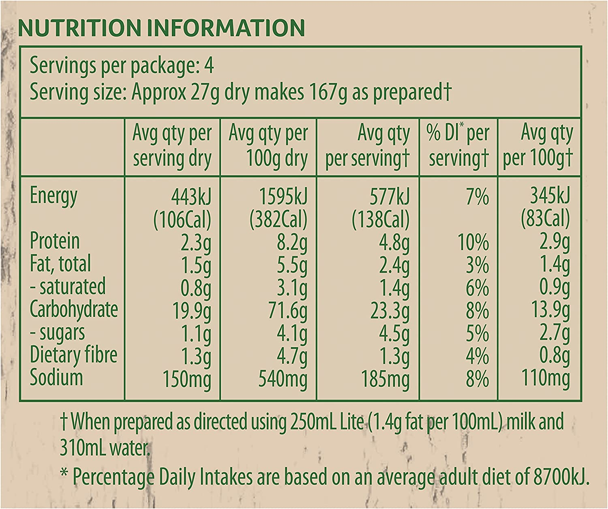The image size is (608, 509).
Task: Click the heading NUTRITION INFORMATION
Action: (x=161, y=28)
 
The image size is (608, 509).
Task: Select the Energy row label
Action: (x=54, y=197)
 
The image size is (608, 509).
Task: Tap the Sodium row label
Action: (x=56, y=377)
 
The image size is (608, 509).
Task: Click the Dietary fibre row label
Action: (x=73, y=355)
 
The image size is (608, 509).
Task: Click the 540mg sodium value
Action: (x=283, y=379)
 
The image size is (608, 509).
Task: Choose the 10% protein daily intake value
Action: (x=473, y=243)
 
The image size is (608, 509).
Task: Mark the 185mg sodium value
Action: (x=385, y=379)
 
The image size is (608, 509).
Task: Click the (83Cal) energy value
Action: (x=546, y=219)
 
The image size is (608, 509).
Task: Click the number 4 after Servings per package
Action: (x=209, y=66)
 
